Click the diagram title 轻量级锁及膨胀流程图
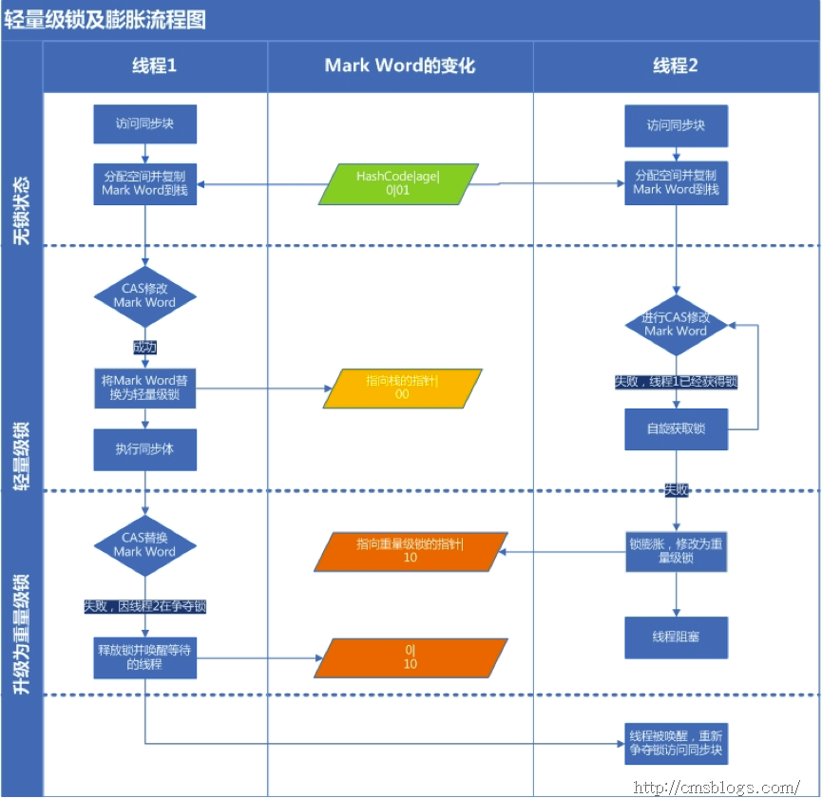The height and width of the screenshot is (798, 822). click(106, 19)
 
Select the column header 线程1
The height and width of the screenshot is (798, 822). click(154, 66)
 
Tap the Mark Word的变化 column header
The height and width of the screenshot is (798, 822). click(399, 66)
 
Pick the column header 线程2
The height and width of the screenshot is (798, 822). click(675, 66)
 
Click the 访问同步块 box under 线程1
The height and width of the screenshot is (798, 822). click(144, 124)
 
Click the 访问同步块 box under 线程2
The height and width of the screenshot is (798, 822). click(676, 125)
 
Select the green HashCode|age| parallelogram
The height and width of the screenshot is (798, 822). click(398, 183)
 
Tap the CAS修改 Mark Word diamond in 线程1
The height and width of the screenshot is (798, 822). click(144, 295)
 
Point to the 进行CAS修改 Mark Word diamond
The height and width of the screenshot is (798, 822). click(676, 324)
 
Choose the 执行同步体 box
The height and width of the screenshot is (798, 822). click(144, 449)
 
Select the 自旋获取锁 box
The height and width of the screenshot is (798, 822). click(676, 428)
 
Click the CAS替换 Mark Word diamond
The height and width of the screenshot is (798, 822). click(144, 544)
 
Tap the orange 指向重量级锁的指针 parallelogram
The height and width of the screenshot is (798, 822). click(410, 551)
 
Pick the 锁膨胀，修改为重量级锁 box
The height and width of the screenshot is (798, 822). click(676, 552)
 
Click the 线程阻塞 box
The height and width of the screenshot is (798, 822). click(676, 636)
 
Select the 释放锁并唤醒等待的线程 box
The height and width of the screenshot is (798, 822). click(144, 656)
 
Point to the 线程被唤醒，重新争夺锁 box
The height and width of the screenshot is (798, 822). click(676, 742)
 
